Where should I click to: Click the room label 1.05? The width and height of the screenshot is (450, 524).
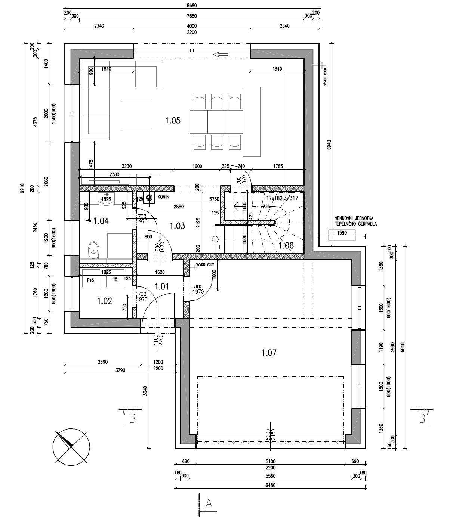pos(173,120)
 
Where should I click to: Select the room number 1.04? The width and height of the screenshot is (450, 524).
pos(101,221)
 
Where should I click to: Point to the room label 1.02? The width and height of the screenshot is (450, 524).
pos(104,301)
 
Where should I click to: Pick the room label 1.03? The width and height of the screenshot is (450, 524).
pos(177,226)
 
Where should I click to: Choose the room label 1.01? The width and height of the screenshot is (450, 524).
pos(162,287)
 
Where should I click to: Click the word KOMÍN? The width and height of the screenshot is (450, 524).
pos(164,197)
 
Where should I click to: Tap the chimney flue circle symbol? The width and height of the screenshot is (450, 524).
pos(150,198)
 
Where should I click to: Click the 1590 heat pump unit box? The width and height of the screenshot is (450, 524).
pos(342,236)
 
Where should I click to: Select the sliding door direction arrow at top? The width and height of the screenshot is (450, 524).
pos(221,55)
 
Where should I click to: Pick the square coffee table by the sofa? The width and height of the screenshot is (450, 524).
pos(137,115)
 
